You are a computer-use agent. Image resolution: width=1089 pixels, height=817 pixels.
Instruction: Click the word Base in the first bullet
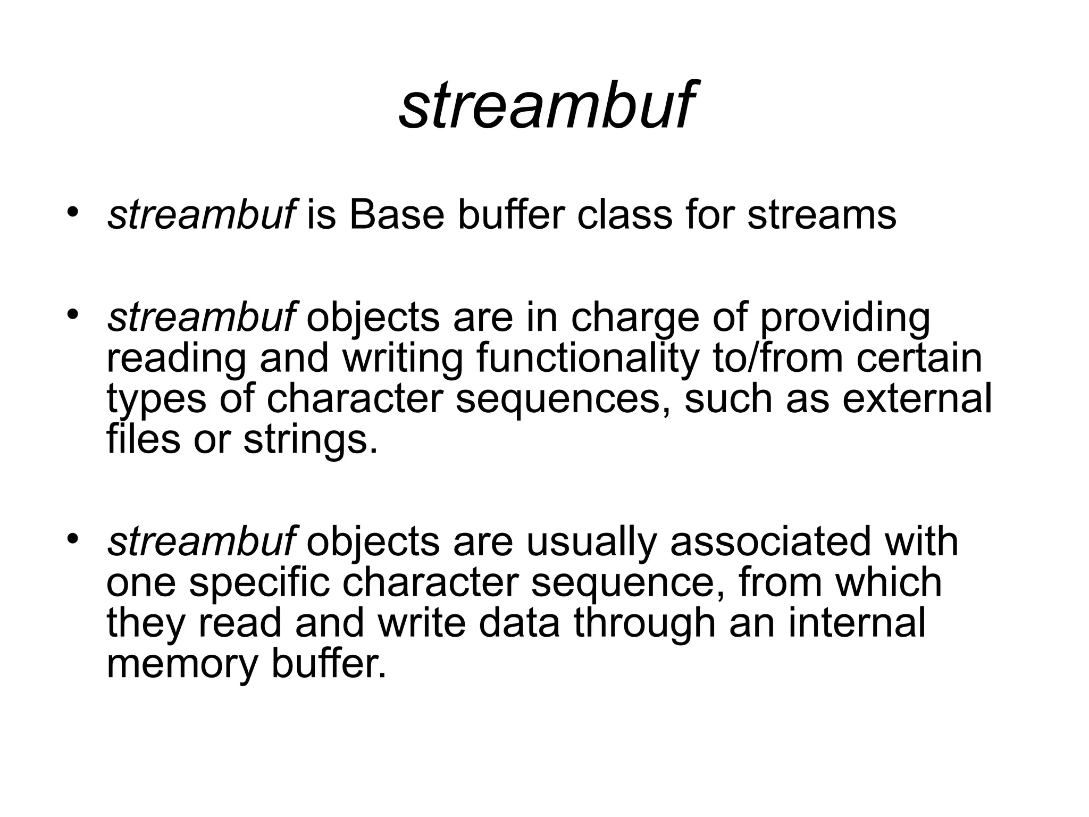396,215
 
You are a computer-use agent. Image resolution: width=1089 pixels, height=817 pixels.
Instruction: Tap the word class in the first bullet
625,215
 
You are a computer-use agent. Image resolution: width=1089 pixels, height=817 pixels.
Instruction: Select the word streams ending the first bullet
822,215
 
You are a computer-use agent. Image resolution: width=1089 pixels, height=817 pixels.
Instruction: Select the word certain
919,358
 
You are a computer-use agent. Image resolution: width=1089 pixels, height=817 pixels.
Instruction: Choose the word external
917,399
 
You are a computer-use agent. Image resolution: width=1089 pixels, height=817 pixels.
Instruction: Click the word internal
857,623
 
